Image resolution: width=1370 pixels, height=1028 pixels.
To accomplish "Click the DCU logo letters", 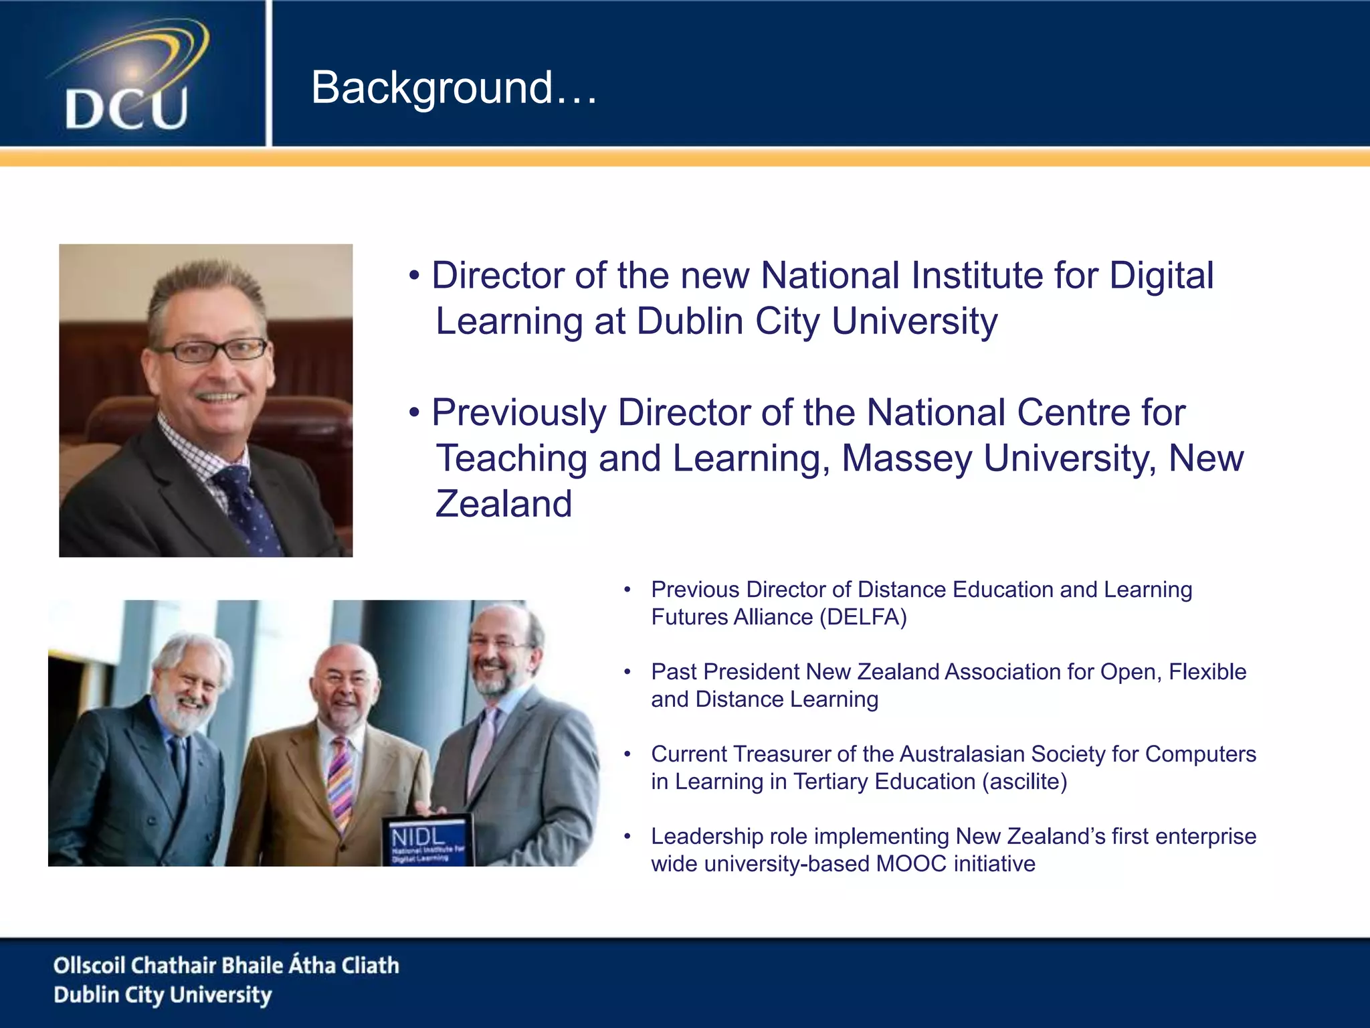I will (126, 108).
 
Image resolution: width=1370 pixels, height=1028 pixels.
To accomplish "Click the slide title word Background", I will (432, 88).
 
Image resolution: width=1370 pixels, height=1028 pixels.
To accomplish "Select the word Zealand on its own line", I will (504, 504).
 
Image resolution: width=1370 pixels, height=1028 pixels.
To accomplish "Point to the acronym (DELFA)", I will (863, 617).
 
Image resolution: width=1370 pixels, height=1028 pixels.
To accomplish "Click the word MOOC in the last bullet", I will (911, 864).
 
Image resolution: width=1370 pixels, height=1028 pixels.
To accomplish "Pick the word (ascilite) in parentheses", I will (1025, 782).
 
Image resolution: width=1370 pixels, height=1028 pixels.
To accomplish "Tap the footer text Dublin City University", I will (163, 995).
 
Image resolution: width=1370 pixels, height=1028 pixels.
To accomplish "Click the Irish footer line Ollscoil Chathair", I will (226, 965).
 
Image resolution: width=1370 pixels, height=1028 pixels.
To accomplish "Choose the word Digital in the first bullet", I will (1161, 276).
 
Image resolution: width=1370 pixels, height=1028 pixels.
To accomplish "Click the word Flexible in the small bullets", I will (1207, 672).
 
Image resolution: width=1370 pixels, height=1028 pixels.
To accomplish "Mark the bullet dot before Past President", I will (627, 672).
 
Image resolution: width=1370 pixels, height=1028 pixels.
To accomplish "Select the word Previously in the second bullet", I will (518, 413).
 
